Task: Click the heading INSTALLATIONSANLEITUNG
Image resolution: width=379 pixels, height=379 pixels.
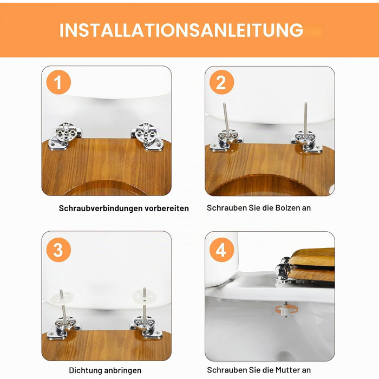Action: click(x=181, y=30)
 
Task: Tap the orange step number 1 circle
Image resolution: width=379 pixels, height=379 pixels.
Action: click(x=58, y=82)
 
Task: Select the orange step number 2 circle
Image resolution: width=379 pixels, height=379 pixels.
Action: click(x=221, y=82)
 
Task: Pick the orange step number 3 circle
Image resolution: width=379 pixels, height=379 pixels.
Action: click(x=58, y=250)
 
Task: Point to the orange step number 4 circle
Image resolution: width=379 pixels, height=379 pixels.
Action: click(x=221, y=250)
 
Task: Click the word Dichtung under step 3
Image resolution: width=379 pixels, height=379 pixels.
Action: click(x=83, y=370)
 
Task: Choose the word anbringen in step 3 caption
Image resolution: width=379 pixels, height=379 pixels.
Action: click(x=120, y=370)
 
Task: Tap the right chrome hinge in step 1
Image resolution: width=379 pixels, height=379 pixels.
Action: click(x=147, y=136)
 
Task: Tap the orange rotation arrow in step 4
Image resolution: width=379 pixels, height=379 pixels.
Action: click(x=286, y=309)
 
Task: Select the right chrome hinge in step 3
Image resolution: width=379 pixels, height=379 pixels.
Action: click(x=146, y=327)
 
